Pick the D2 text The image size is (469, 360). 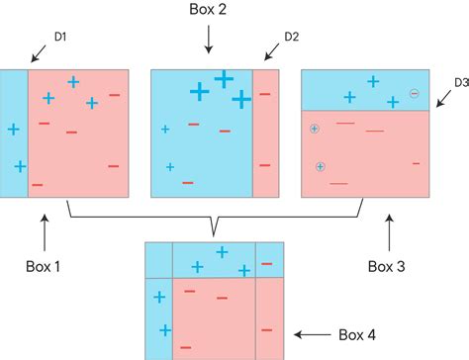[292, 38]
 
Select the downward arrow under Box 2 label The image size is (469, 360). [209, 41]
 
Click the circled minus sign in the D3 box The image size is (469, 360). [415, 94]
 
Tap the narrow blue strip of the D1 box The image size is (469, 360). [14, 134]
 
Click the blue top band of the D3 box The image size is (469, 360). [366, 89]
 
